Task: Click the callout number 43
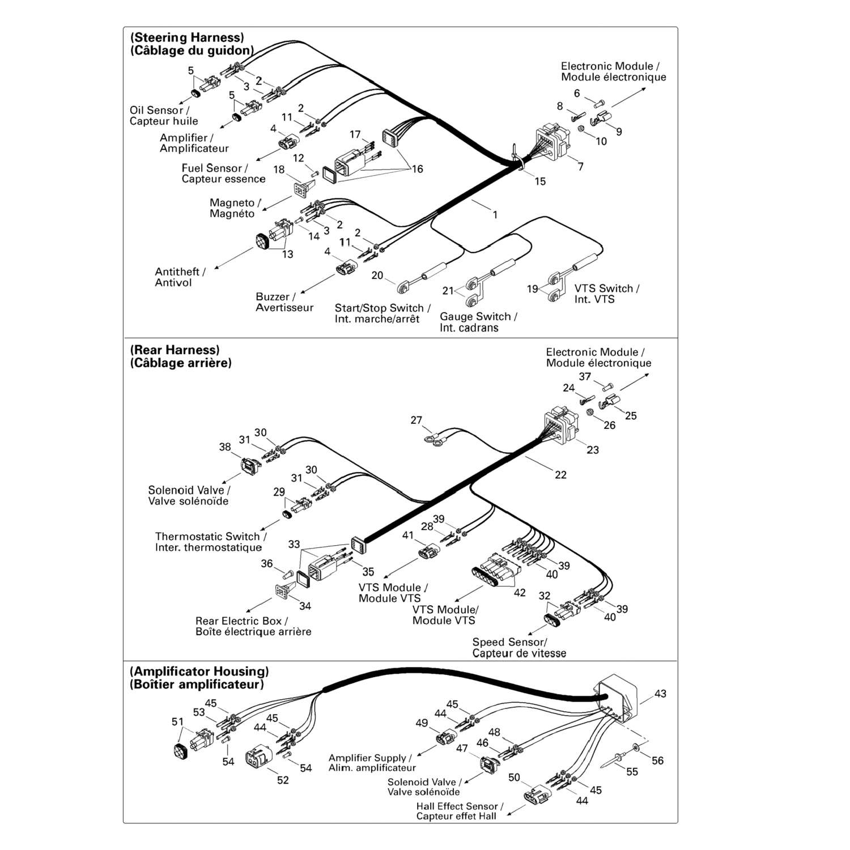click(x=660, y=694)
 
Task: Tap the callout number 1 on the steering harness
click(x=495, y=215)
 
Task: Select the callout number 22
click(x=560, y=475)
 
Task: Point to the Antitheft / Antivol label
click(x=180, y=277)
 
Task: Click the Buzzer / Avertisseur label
click(x=284, y=302)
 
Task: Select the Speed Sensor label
click(x=518, y=648)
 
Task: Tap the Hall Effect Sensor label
click(x=459, y=811)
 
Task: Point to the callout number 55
click(x=632, y=771)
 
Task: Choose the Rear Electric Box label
click(x=253, y=626)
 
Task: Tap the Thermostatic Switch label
click(x=210, y=542)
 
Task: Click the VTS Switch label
click(x=606, y=294)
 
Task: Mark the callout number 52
click(x=283, y=780)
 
